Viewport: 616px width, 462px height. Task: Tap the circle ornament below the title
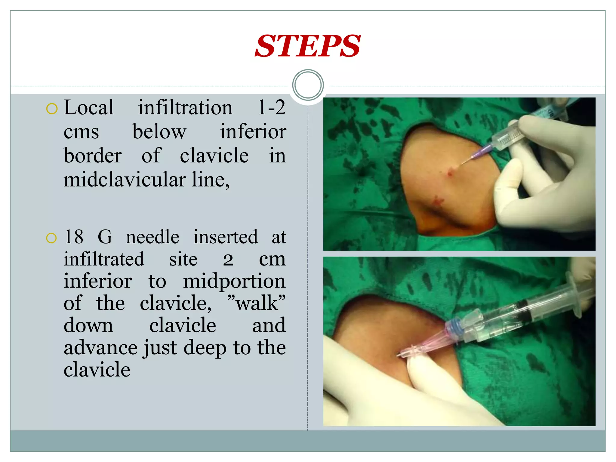coord(308,85)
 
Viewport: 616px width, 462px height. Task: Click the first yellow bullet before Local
coord(52,109)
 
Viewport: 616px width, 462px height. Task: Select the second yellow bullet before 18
coord(51,238)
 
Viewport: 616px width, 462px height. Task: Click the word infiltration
coord(185,107)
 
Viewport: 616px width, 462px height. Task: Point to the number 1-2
coord(271,107)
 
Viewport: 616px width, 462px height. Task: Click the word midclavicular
coord(125,180)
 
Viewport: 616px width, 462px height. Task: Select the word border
coord(93,156)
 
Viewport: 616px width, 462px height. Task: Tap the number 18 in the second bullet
coord(74,237)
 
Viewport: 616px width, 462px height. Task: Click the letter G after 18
coord(105,237)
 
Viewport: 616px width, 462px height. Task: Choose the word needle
coord(152,237)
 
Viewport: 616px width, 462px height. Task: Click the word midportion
coord(234,281)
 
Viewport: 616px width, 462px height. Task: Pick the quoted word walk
coord(257,303)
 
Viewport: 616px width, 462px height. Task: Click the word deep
coord(205,348)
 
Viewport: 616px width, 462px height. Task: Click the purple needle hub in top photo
coord(481,152)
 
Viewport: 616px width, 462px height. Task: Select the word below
coord(159,132)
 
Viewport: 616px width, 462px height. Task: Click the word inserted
coord(225,237)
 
